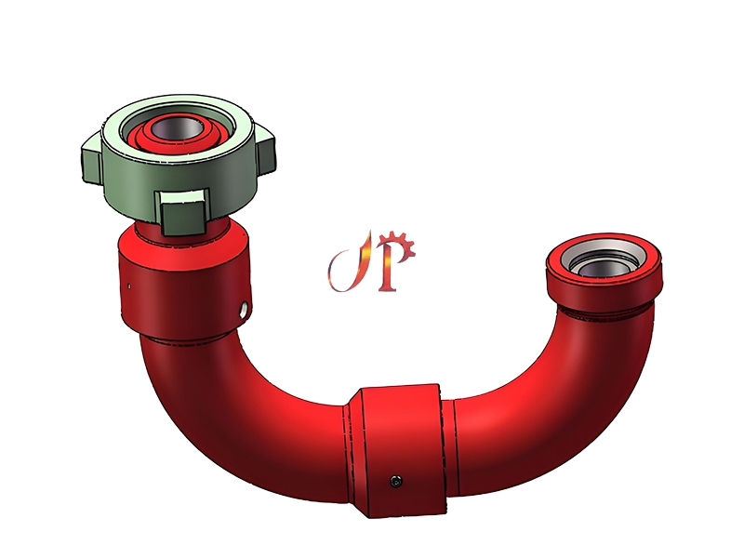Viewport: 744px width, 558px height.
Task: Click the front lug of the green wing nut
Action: coord(182,213)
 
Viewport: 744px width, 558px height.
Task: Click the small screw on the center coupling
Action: coord(399,480)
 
